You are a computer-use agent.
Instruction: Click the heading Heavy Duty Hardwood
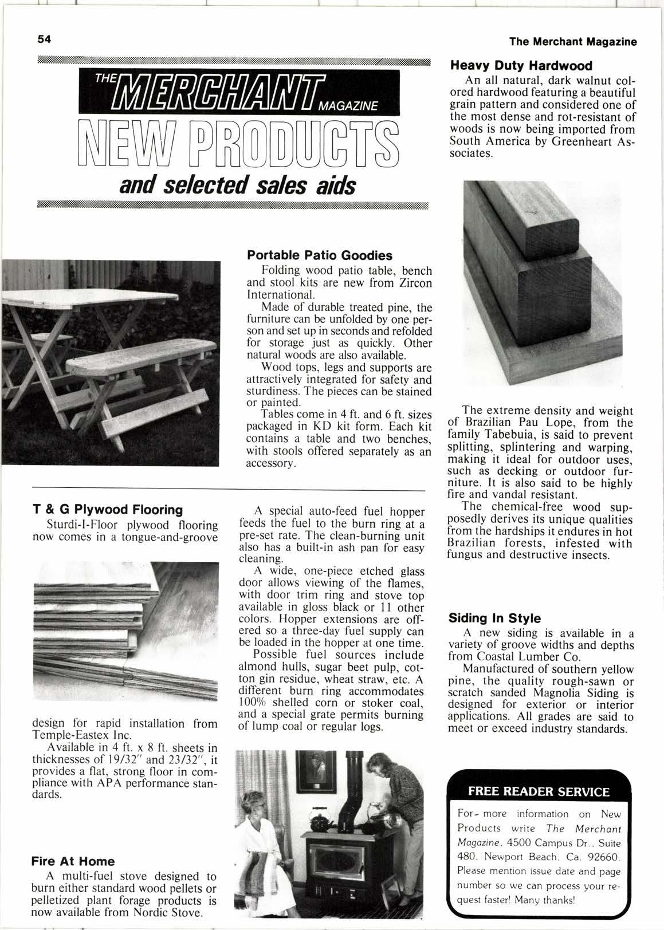point(521,65)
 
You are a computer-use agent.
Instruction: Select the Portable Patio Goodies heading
point(319,255)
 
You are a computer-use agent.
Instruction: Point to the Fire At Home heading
point(73,861)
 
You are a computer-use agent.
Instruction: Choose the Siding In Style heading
point(494,618)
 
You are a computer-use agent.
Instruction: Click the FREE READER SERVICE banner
point(539,792)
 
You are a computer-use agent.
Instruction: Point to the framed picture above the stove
point(316,771)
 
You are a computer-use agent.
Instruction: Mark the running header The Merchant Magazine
point(572,42)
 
